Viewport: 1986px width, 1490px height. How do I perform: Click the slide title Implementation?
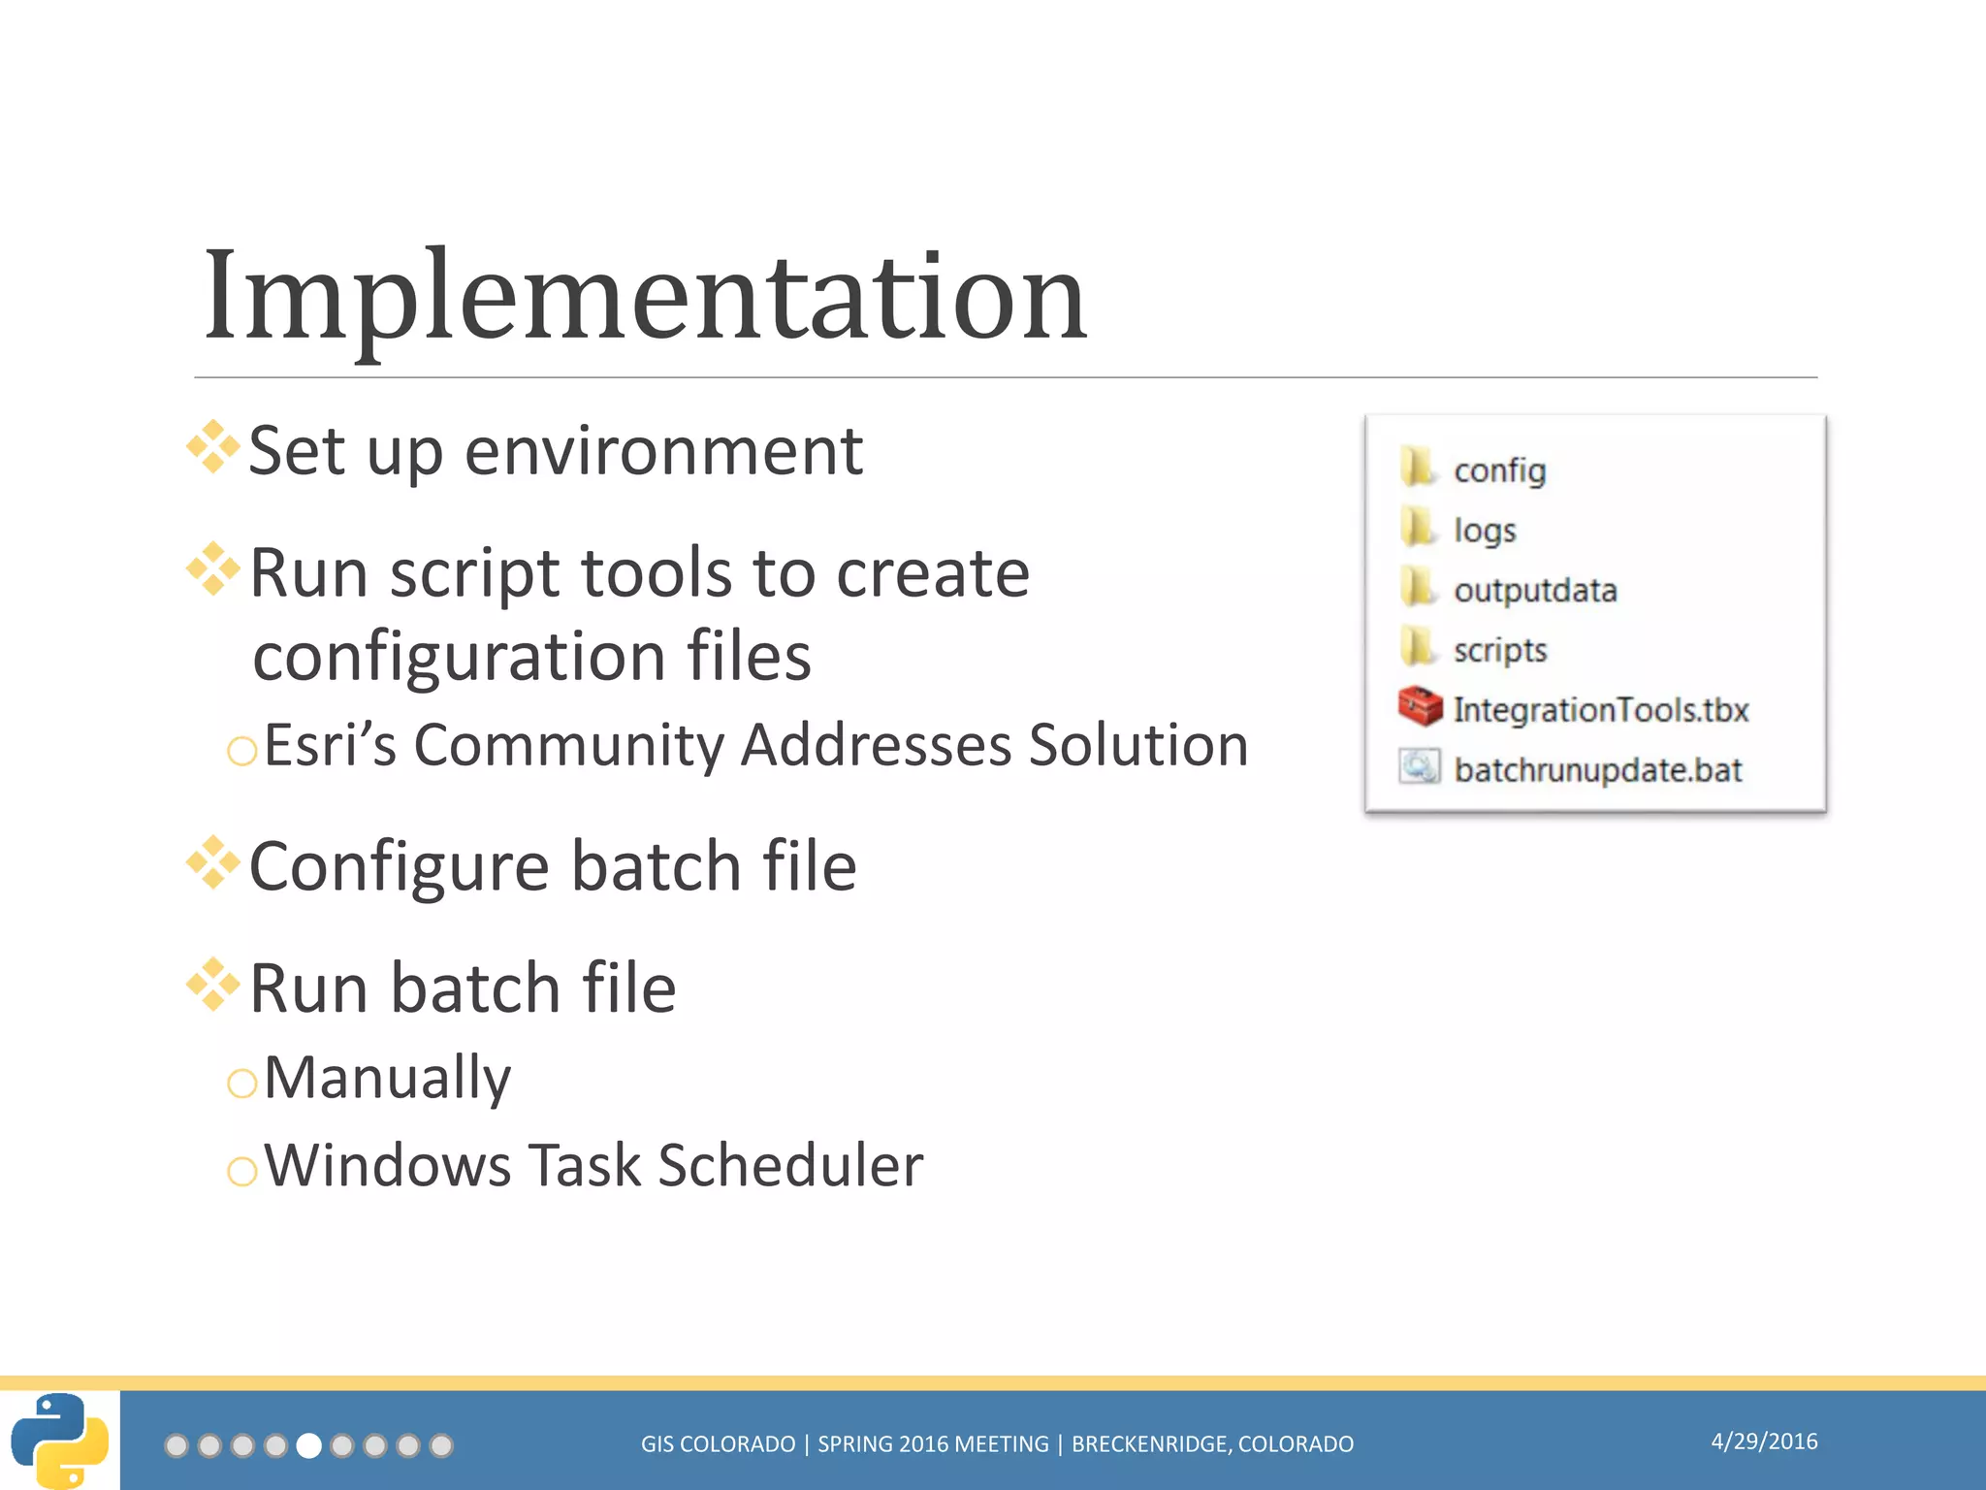coord(645,296)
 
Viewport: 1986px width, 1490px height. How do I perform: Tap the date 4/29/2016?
coord(1764,1441)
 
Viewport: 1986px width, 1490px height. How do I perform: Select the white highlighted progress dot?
coord(308,1446)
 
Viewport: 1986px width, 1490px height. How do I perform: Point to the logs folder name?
coord(1485,531)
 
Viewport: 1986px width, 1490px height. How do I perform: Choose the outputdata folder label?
coord(1535,590)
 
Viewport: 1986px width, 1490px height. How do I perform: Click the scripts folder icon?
coord(1418,648)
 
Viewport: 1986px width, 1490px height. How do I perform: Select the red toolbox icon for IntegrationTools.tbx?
coord(1420,707)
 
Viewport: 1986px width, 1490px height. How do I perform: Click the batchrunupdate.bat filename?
coord(1597,770)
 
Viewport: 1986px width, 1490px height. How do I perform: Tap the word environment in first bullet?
coord(663,452)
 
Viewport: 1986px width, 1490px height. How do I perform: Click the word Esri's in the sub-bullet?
coord(330,745)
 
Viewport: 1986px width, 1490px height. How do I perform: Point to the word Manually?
coord(387,1078)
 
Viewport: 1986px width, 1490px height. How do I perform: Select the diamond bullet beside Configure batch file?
coord(213,862)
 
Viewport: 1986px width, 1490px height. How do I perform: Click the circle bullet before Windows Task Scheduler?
coord(241,1172)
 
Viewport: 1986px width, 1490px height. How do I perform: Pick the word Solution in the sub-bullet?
coord(1137,745)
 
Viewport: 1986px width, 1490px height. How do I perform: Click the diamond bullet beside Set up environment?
coord(213,447)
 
